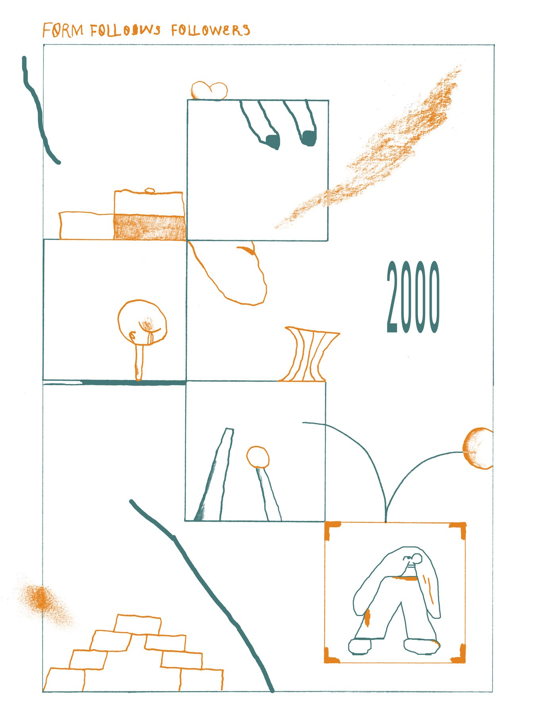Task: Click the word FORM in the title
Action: [63, 31]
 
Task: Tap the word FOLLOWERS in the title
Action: [211, 30]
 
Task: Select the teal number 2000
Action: [413, 297]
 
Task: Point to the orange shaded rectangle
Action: [150, 227]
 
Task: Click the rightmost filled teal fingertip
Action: [309, 138]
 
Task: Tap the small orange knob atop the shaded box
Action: [150, 190]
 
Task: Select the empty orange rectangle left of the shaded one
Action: [87, 226]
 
